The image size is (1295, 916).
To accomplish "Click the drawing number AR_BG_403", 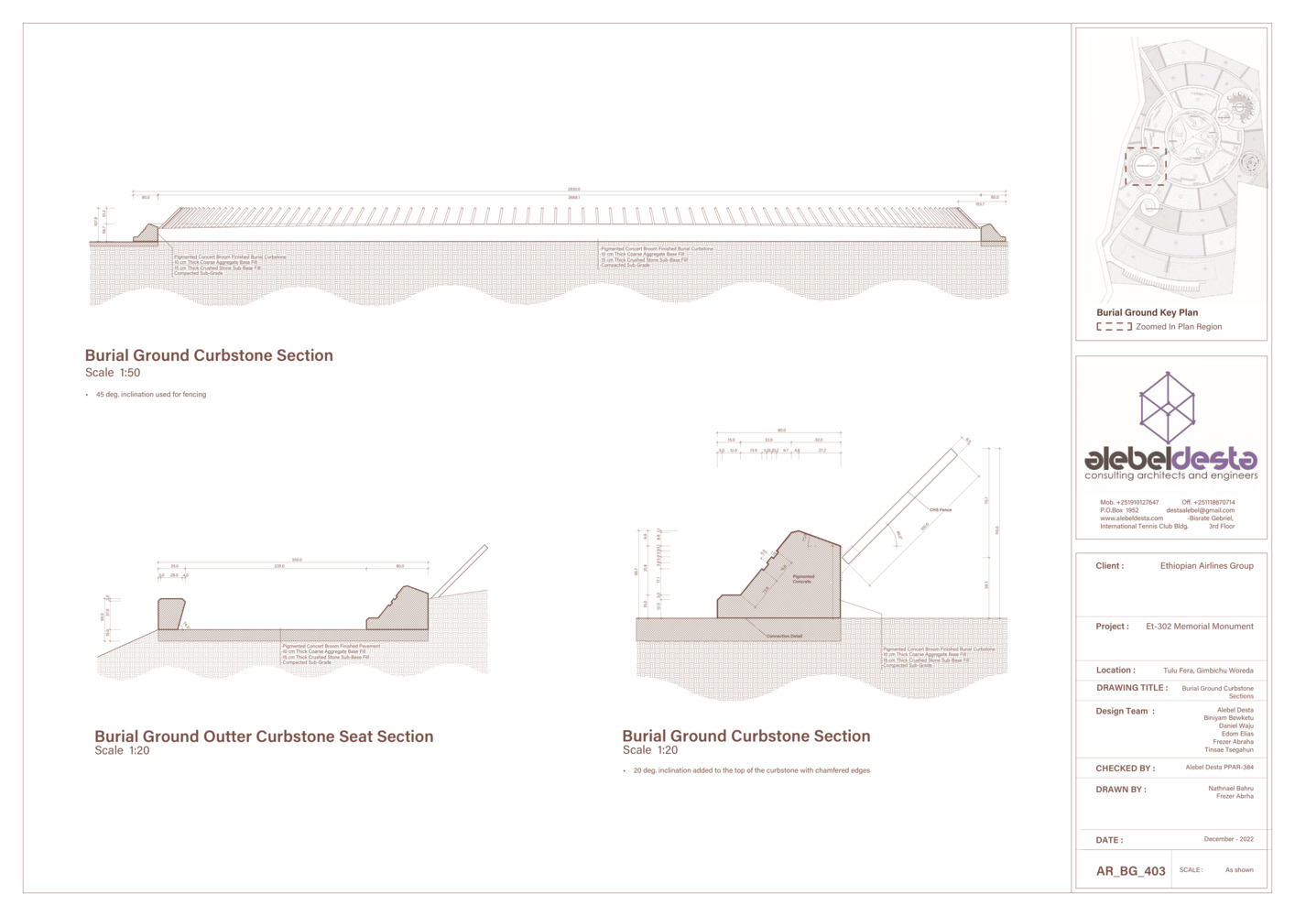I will [1130, 871].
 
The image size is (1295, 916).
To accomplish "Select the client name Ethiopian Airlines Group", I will [1206, 566].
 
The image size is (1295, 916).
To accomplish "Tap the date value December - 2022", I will [1228, 839].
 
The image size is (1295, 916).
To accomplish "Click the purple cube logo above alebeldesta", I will [1167, 407].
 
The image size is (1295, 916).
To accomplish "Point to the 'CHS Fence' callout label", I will [940, 510].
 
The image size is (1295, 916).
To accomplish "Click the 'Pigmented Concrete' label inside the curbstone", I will [802, 579].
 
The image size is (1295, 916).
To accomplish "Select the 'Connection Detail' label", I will [784, 636].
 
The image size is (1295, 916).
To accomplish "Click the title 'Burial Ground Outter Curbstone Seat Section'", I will [264, 736].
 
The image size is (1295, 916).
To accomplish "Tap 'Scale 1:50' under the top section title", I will [113, 373].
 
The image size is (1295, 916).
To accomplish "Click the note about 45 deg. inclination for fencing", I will [151, 395].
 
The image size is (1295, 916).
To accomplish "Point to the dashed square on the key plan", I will [1145, 167].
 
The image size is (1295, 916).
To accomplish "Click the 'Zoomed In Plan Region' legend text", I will [1178, 327].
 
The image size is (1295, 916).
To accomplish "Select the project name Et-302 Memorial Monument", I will [1199, 627].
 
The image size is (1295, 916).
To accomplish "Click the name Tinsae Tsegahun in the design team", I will [1228, 750].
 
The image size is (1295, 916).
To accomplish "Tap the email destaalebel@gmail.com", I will [1200, 510].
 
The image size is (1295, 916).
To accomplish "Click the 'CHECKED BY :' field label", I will [1125, 769].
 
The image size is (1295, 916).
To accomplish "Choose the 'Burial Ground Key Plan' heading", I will [1147, 312].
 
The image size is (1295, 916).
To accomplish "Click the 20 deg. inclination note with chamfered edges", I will [751, 770].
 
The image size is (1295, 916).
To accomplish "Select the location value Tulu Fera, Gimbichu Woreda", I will [1208, 671].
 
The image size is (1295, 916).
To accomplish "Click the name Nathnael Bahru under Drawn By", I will [1230, 788].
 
